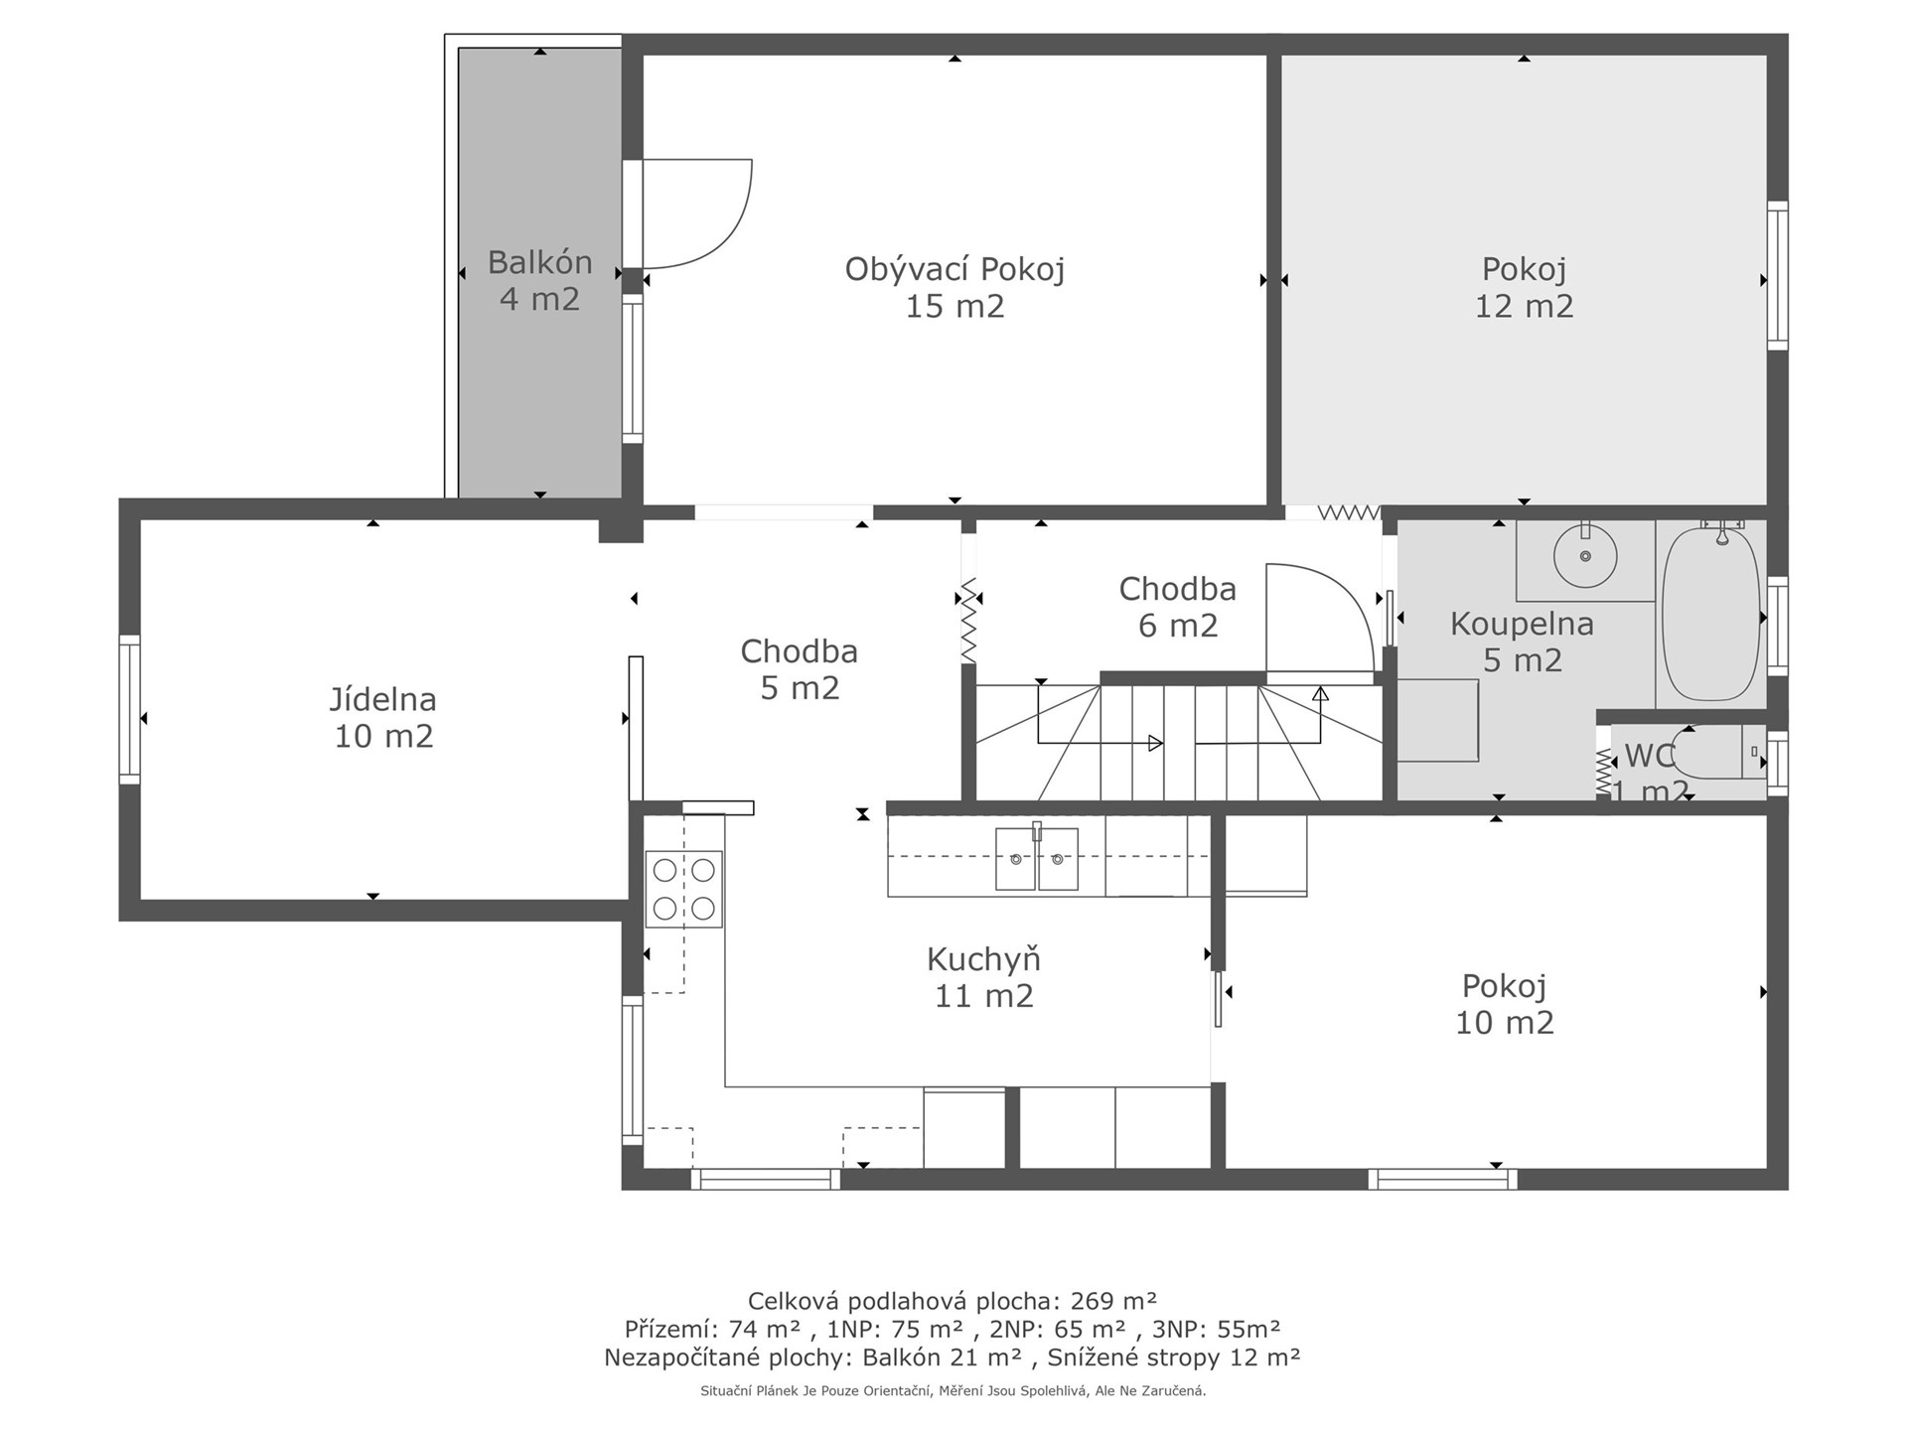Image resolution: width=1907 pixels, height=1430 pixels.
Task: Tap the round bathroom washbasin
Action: [1585, 556]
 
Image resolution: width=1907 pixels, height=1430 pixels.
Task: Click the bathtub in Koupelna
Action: [1711, 613]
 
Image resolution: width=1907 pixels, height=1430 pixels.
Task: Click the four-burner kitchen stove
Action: [683, 889]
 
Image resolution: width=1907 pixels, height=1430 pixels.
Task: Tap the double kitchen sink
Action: [1037, 858]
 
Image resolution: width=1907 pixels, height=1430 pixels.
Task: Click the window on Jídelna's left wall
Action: [129, 709]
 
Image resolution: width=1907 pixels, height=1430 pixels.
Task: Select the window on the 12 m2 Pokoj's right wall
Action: [1777, 275]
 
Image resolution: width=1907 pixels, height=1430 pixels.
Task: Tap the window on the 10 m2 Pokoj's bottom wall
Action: [1442, 1179]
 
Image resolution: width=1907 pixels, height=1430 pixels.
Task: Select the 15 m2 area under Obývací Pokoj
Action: [954, 306]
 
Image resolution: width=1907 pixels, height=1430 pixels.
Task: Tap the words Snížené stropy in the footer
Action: [1135, 1358]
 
